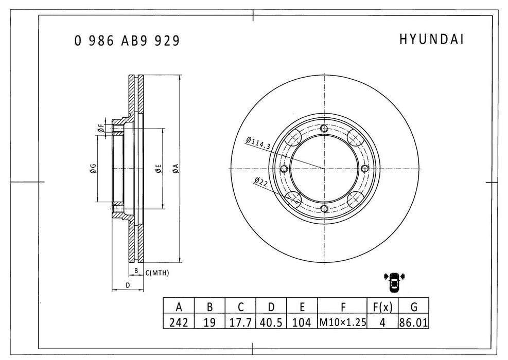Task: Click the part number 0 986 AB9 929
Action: [x=127, y=41]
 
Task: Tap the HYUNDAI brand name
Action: [x=431, y=40]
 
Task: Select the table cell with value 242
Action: [x=179, y=322]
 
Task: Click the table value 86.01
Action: [x=414, y=322]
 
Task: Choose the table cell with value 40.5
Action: [x=271, y=322]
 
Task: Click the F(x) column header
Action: [x=382, y=307]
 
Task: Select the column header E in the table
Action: [x=302, y=307]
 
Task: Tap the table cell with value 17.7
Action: [x=240, y=322]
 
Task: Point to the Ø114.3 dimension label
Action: [x=258, y=143]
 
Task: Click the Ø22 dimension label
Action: [x=261, y=180]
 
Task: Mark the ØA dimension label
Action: [x=176, y=168]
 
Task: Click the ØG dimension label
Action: [x=93, y=168]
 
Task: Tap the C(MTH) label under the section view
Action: [x=157, y=272]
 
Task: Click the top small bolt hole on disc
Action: [x=323, y=129]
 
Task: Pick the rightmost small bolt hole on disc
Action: [x=364, y=169]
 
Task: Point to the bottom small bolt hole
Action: [x=323, y=208]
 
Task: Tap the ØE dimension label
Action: [x=159, y=168]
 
